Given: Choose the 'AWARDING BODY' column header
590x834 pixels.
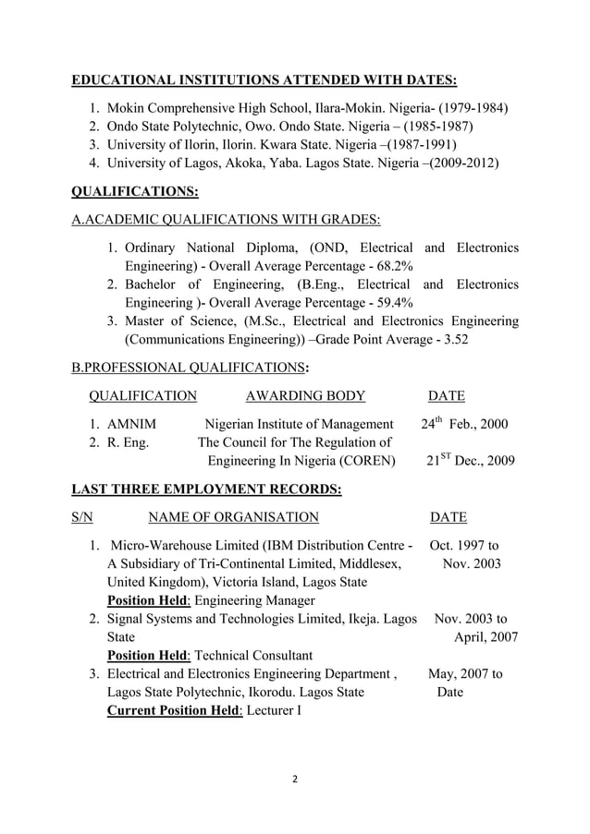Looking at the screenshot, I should pyautogui.click(x=305, y=396).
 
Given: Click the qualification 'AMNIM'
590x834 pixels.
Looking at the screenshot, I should pyautogui.click(x=131, y=425).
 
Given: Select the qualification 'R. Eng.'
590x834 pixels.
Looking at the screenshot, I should pyautogui.click(x=129, y=442).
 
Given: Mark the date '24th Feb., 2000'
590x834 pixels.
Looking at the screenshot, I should pyautogui.click(x=464, y=424).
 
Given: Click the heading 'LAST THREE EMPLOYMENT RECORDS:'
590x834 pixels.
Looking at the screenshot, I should pyautogui.click(x=206, y=489).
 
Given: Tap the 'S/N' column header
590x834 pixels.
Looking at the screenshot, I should pyautogui.click(x=82, y=517).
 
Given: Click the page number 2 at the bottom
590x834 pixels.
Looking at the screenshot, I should pyautogui.click(x=294, y=779).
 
